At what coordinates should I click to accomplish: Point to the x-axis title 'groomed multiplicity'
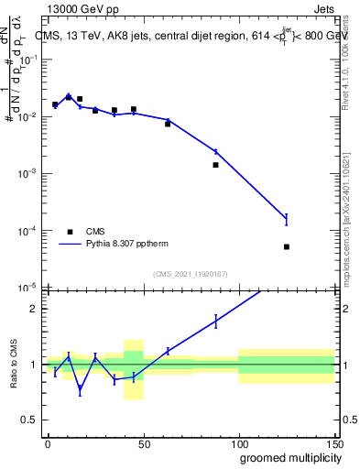coord(286,457)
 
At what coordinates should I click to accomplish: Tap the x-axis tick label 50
coord(143,442)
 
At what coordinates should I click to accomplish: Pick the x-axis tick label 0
coord(48,442)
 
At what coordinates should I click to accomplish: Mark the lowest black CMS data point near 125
coord(287,246)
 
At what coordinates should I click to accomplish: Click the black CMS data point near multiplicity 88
coord(215,165)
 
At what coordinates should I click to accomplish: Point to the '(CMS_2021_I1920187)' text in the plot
coord(190,274)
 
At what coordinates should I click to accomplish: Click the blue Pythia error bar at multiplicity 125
coord(287,218)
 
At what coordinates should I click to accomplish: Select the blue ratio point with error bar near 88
coord(215,321)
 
